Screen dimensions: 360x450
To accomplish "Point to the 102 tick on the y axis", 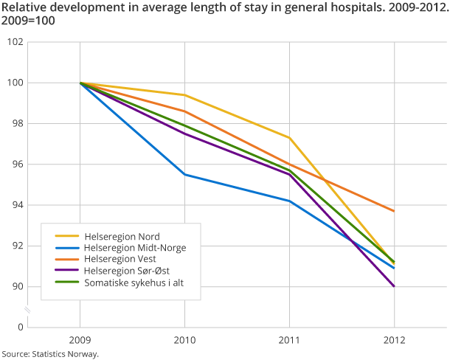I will pyautogui.click(x=15, y=42).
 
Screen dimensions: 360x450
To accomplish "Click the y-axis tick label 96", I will pyautogui.click(x=17, y=165).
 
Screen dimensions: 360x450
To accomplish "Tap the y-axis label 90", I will pyautogui.click(x=17, y=287).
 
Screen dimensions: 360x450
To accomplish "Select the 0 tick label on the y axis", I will pyautogui.click(x=20, y=328).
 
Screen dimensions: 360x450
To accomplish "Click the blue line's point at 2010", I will pyautogui.click(x=184, y=175).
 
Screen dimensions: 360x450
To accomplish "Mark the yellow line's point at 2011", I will pyautogui.click(x=289, y=138).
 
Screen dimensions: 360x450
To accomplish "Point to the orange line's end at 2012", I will pyautogui.click(x=394, y=211).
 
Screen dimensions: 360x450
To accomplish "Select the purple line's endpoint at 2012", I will pyautogui.click(x=394, y=286).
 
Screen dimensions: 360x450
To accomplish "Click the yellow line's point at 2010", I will pyautogui.click(x=184, y=95).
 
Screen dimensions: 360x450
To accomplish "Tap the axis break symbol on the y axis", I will pyautogui.click(x=27, y=308).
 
